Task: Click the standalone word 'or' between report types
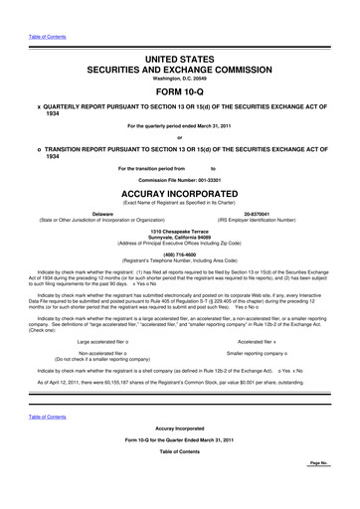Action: [180, 137]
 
